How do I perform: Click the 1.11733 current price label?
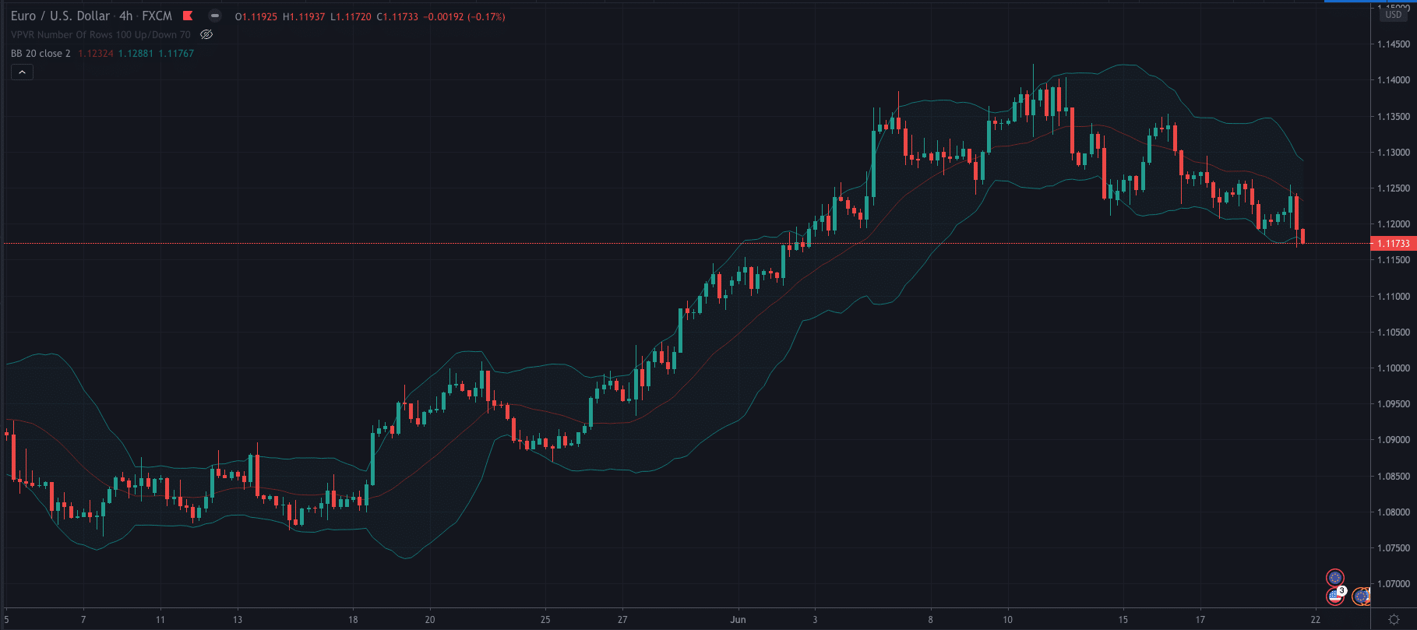click(x=1393, y=244)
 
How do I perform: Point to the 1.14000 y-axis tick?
click(x=1393, y=80)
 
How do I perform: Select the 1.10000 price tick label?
click(x=1393, y=368)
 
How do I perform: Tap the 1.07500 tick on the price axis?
click(x=1393, y=548)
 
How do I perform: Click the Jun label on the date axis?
click(x=738, y=620)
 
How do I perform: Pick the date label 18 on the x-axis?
click(x=353, y=620)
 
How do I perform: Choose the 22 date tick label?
click(x=1315, y=620)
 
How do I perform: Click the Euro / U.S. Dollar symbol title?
click(x=60, y=16)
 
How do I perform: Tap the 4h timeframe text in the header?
click(x=125, y=16)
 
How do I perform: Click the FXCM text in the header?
click(x=157, y=16)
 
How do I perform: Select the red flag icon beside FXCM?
click(x=188, y=16)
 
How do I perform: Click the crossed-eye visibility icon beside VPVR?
click(x=206, y=34)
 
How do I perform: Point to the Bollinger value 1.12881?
click(x=136, y=54)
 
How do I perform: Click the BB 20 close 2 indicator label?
click(x=41, y=54)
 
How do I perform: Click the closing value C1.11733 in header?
click(x=397, y=16)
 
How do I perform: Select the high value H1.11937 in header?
click(x=303, y=16)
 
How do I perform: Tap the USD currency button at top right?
click(x=1393, y=15)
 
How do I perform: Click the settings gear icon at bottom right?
click(x=1394, y=620)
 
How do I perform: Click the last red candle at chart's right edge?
click(x=1302, y=236)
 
